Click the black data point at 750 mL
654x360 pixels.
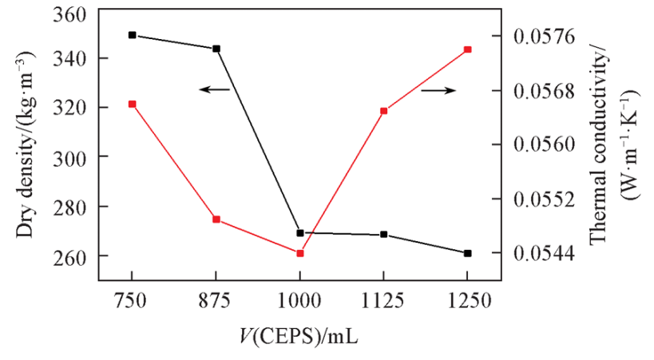(132, 35)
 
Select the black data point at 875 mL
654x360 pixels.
(216, 49)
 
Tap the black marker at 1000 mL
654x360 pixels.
(300, 233)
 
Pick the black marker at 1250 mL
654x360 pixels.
(467, 253)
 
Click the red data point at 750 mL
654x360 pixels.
(132, 104)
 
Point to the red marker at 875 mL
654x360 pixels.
(216, 220)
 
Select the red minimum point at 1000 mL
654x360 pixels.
(300, 254)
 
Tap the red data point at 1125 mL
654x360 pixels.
(384, 111)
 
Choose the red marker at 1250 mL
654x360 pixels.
(467, 49)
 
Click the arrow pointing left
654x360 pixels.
(213, 90)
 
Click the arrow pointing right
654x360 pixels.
(438, 90)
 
